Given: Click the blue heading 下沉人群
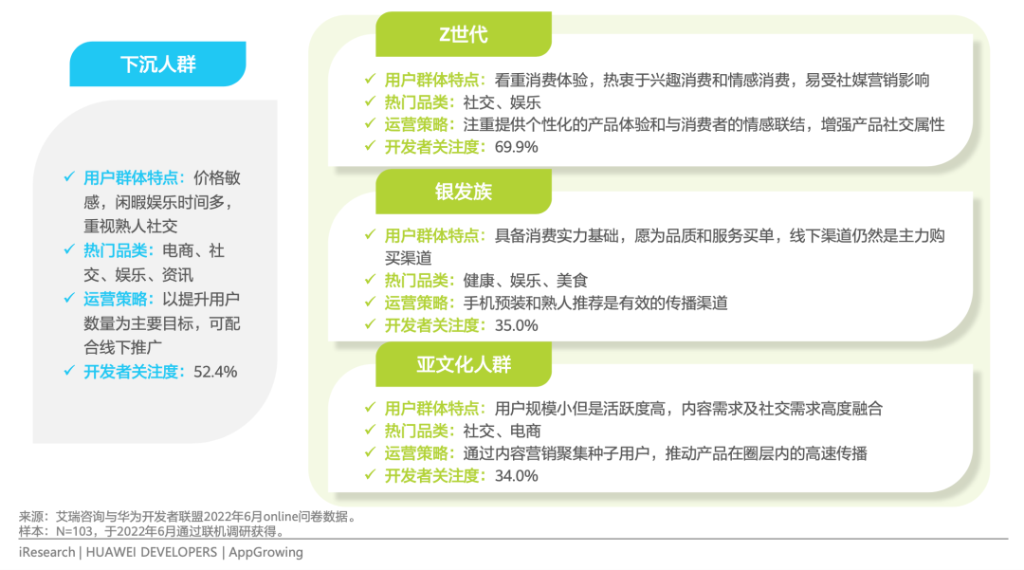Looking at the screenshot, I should [157, 64].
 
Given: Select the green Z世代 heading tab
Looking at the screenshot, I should [463, 35].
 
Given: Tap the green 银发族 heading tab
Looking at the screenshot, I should [464, 192].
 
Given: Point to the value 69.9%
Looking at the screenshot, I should [516, 147].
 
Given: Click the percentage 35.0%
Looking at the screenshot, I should [516, 325].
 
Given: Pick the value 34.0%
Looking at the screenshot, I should [516, 475].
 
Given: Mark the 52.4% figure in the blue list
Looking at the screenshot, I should [214, 372].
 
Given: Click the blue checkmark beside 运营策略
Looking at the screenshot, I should [68, 299].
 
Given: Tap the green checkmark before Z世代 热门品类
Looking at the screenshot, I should [370, 102].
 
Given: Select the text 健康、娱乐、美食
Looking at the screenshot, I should [525, 281].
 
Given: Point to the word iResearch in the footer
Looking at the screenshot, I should [46, 552].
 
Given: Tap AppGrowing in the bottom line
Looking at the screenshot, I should [266, 552].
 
